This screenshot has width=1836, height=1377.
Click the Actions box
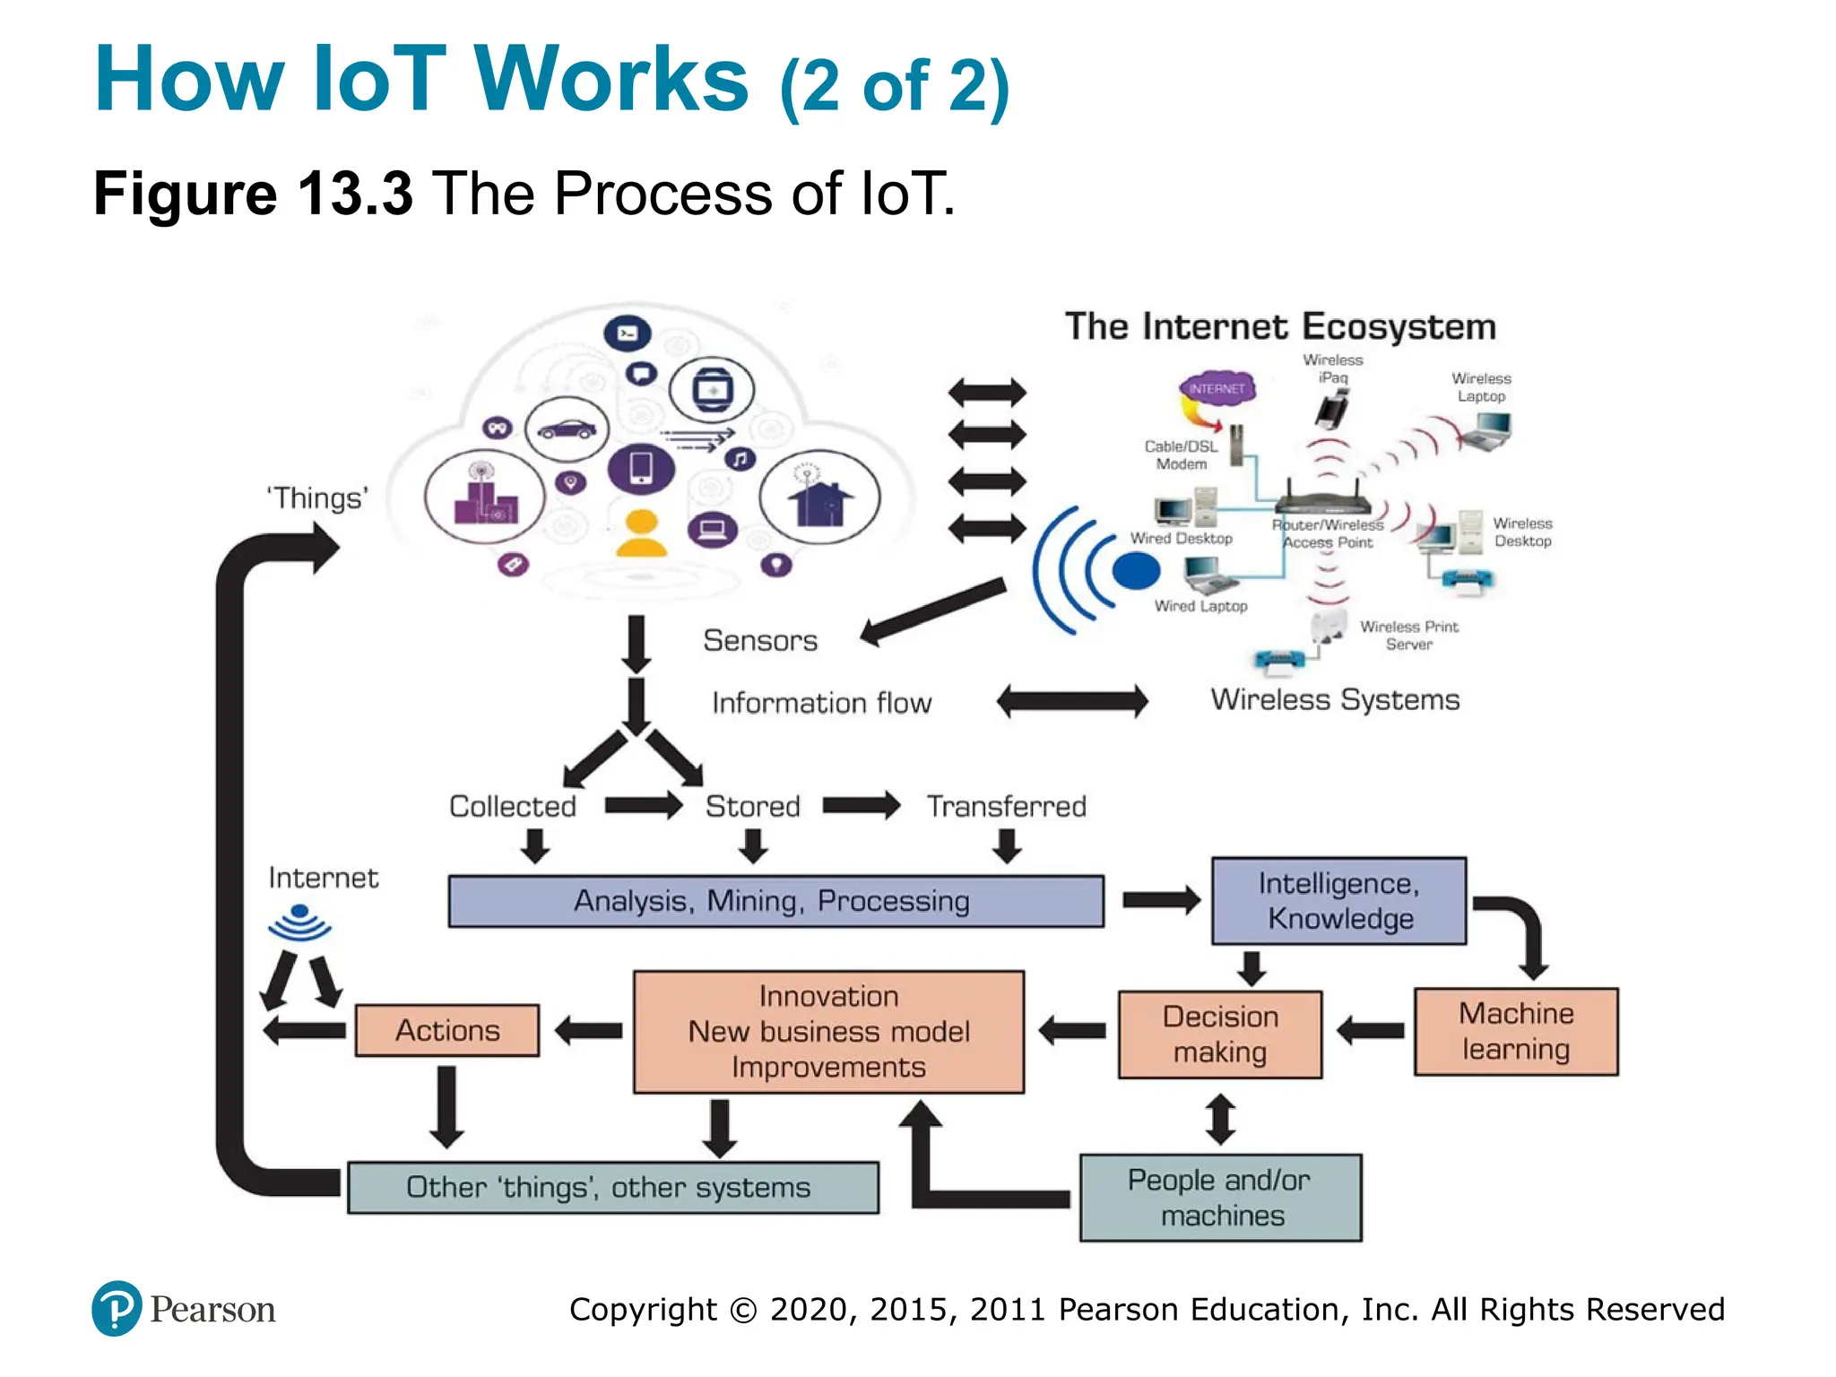point(446,1030)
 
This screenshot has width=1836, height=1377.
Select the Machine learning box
point(1515,1031)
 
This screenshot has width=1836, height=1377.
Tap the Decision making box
point(1219,1034)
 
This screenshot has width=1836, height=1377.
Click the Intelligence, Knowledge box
point(1338,900)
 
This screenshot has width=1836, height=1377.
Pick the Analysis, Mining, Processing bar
point(775,901)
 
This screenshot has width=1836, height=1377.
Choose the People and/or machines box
point(1220,1198)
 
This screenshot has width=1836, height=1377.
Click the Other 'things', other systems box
point(612,1187)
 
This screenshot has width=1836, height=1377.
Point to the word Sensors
point(760,640)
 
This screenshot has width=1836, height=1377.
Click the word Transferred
point(1006,806)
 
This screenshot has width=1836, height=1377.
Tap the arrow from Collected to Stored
point(643,805)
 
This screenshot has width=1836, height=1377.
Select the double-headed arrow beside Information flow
point(1072,701)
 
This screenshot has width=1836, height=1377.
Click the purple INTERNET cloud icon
point(1217,389)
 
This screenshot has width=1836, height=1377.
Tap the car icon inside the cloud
point(567,429)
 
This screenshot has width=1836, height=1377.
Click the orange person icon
point(641,533)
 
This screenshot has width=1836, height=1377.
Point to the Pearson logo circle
point(117,1308)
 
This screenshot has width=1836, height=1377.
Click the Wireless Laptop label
point(1481,387)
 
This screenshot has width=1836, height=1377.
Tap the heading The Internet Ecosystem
point(1280,326)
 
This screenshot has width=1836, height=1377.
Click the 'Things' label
point(317,498)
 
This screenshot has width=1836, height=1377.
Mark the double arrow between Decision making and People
point(1220,1118)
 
